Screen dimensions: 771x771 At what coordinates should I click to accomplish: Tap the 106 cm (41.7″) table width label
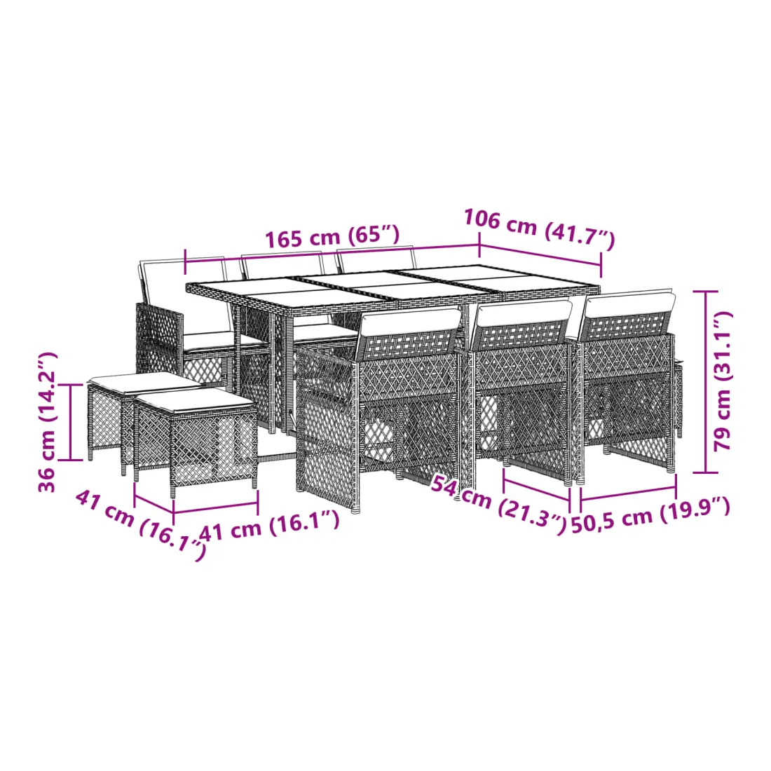(x=540, y=228)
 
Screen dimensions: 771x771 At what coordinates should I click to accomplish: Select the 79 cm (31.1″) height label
(x=723, y=381)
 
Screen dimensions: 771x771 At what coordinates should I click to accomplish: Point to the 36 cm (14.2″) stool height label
(x=48, y=422)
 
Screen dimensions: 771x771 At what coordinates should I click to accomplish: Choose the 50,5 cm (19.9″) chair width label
(x=650, y=515)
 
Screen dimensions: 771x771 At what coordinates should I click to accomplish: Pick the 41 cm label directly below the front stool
(x=269, y=525)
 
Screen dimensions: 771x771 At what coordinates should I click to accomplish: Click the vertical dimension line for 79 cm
(x=706, y=381)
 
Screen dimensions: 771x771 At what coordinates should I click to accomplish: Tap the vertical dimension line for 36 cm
(x=71, y=423)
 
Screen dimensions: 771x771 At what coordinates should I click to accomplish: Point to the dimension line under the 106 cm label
(x=540, y=254)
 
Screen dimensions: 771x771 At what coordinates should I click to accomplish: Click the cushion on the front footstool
(x=195, y=399)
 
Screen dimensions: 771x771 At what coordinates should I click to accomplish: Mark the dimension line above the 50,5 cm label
(x=629, y=493)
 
